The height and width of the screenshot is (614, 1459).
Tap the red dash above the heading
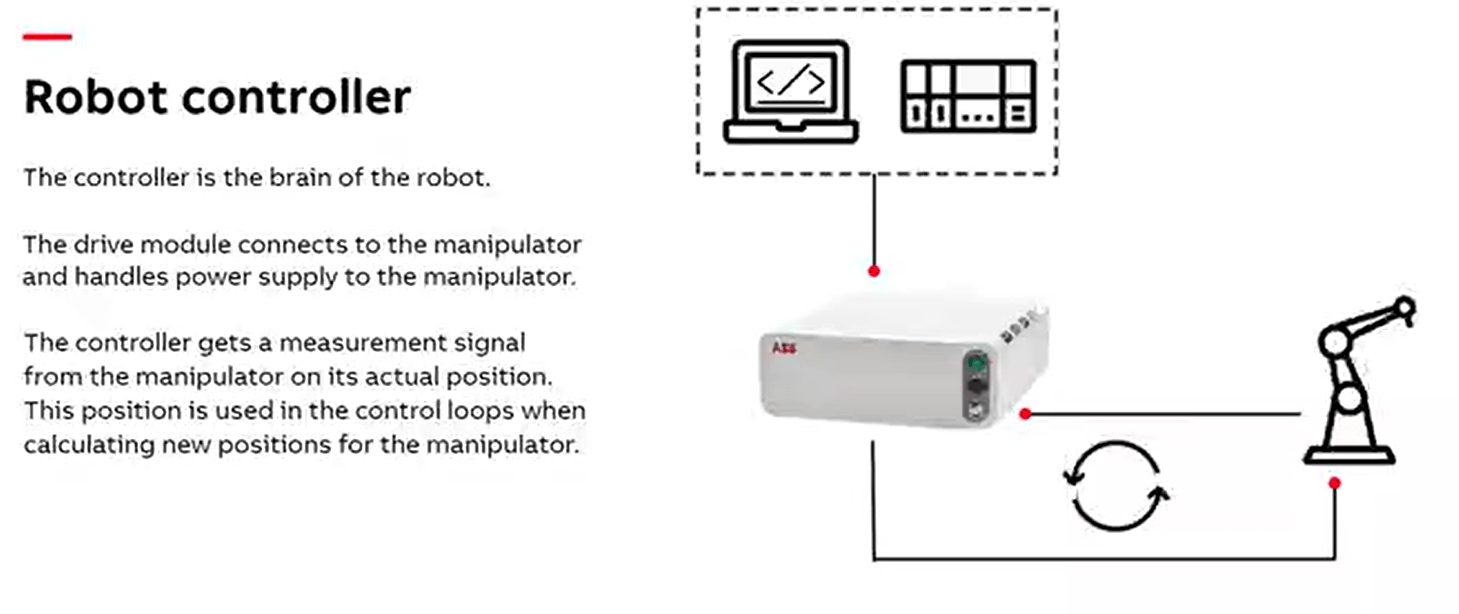tap(47, 37)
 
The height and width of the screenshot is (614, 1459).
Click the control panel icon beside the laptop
tap(968, 97)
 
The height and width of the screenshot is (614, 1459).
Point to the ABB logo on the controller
tap(783, 349)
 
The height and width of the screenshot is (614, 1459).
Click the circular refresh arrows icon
tap(1116, 485)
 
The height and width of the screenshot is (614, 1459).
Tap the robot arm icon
tap(1355, 380)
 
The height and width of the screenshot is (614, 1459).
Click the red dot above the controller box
tap(874, 271)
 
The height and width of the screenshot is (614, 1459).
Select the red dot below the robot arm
tap(1334, 483)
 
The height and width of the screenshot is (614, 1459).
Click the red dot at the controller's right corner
tap(1025, 413)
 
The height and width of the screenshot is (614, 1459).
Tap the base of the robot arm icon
tap(1349, 456)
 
